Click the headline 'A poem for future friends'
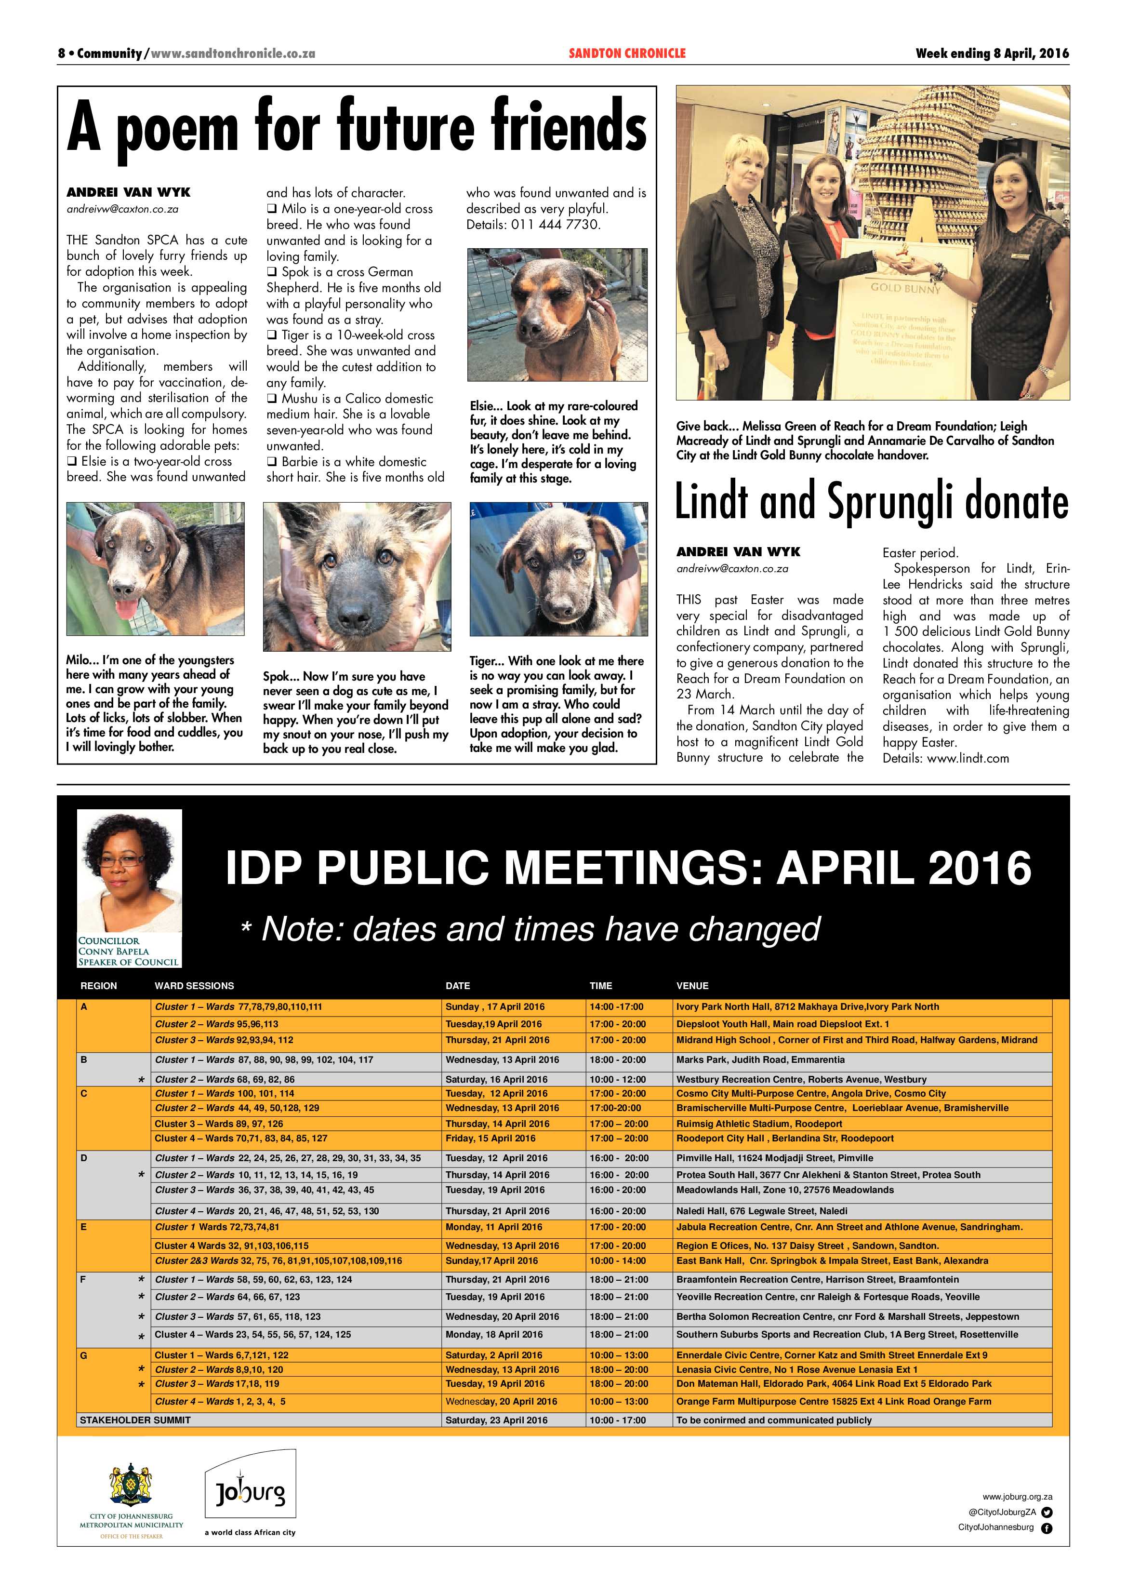point(356,126)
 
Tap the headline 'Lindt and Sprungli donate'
point(872,501)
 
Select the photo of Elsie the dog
point(557,315)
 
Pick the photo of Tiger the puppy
point(558,569)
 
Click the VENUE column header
point(692,986)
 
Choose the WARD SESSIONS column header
point(194,986)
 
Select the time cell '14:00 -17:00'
point(616,1006)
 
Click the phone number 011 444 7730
point(555,224)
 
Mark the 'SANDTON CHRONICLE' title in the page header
point(627,54)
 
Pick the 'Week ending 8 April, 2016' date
point(992,54)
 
